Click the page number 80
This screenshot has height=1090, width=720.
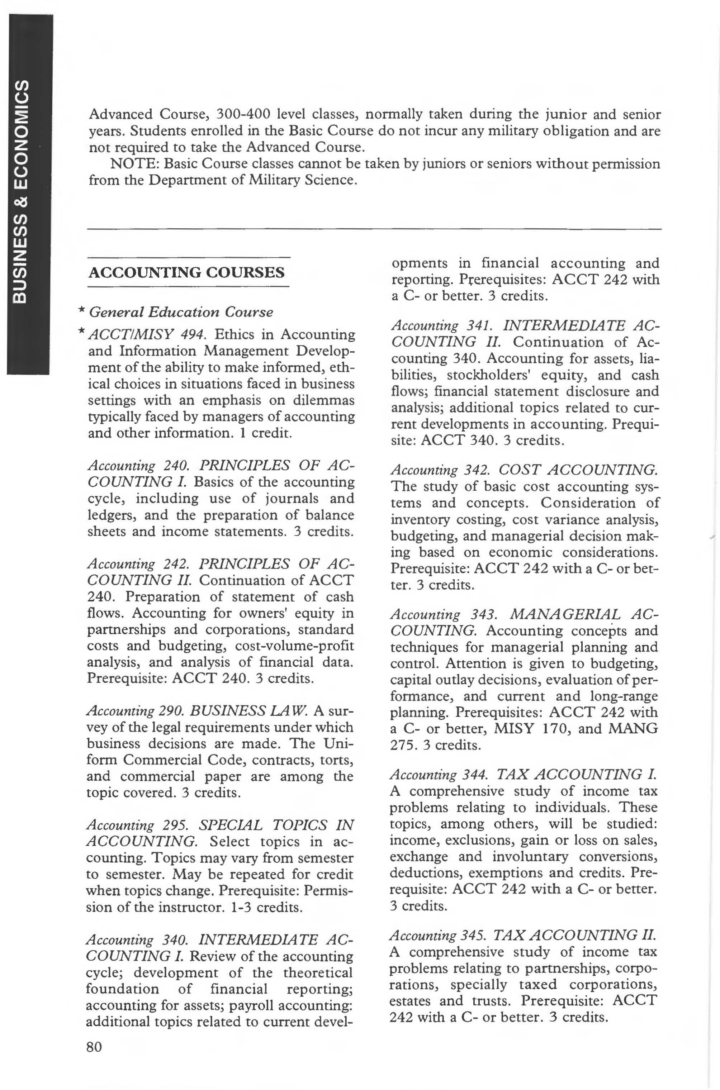pyautogui.click(x=94, y=1047)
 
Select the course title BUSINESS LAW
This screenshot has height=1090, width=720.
pyautogui.click(x=247, y=711)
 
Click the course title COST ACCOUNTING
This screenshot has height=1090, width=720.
pyautogui.click(x=578, y=470)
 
